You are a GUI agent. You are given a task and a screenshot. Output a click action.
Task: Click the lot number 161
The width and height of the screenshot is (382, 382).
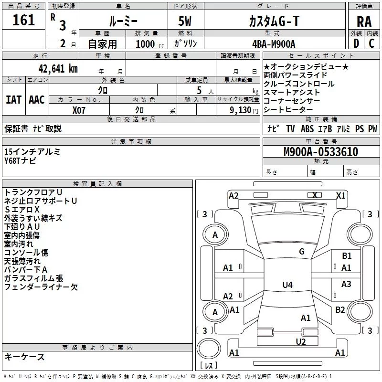24,21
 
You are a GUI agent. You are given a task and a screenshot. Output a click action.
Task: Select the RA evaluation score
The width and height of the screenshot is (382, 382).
364,21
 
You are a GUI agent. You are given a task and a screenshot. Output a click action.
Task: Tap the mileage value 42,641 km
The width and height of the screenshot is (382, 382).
54,68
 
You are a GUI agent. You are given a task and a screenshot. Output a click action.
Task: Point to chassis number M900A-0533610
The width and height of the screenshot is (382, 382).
320,152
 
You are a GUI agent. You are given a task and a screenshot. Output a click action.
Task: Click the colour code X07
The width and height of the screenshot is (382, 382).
79,109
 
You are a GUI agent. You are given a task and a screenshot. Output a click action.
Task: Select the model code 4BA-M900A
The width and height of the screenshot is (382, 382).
274,43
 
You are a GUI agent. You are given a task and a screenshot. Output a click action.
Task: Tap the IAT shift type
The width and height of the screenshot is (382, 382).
13,100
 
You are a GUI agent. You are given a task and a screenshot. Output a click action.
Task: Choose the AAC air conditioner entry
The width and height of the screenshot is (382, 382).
36,100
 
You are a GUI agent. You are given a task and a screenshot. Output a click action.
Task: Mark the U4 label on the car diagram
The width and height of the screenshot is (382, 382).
287,285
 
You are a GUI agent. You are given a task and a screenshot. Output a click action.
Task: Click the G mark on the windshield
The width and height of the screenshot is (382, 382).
301,252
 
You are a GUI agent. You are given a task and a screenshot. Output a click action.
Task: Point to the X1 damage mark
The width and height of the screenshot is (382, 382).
340,195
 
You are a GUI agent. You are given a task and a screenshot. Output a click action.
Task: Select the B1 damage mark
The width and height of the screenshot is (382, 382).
347,256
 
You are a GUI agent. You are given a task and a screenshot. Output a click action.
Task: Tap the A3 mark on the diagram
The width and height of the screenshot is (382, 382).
346,284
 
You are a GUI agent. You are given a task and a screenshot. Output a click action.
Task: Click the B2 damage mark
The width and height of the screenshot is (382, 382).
340,310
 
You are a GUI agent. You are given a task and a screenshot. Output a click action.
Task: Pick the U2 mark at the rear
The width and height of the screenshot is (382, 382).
300,341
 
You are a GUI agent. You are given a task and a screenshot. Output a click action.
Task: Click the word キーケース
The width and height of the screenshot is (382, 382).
24,357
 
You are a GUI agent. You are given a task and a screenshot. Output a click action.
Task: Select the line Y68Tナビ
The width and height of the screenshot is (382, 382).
20,160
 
